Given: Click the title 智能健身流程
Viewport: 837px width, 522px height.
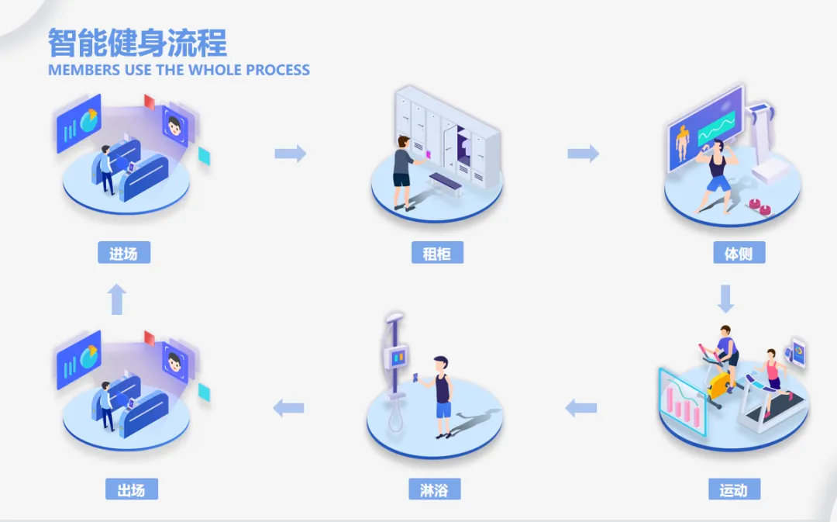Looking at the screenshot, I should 137,43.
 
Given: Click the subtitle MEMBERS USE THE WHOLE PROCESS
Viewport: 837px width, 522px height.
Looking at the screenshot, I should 178,70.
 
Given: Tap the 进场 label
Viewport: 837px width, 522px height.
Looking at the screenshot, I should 124,253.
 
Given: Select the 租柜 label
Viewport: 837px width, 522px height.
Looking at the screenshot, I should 438,253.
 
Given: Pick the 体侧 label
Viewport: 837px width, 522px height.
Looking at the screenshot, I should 739,253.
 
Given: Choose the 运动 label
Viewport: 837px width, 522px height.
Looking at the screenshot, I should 733,489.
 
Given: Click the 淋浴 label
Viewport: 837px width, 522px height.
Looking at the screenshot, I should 435,489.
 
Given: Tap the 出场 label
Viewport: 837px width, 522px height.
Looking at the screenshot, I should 132,489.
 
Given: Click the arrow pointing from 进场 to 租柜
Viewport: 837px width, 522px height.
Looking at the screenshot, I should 291,154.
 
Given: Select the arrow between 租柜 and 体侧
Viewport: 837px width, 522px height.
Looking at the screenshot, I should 584,154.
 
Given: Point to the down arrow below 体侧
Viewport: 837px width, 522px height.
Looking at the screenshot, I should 725,299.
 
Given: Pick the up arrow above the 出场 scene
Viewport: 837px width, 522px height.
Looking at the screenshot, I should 117,299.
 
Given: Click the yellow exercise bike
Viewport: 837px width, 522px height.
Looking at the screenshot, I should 720,382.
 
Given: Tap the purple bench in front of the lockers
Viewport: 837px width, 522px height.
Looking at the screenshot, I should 444,183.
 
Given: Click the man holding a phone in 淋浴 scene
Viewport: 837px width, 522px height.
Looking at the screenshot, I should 440,394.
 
